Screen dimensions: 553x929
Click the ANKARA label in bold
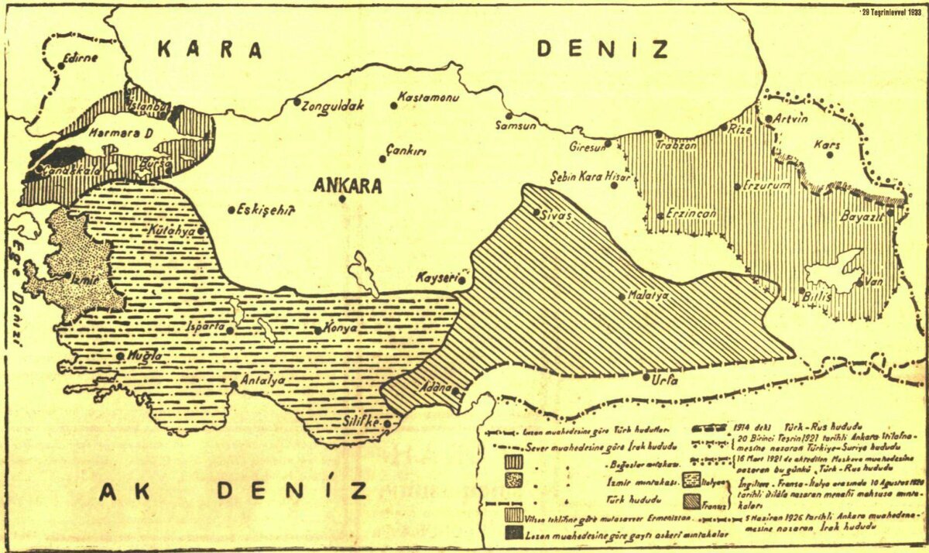[x=348, y=186]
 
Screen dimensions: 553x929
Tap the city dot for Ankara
[x=342, y=199]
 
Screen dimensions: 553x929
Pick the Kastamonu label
[x=428, y=98]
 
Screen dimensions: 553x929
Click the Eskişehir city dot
[x=231, y=209]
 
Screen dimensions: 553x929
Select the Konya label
[x=340, y=328]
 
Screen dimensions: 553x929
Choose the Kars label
[x=826, y=145]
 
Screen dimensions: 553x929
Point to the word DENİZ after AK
[x=290, y=490]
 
